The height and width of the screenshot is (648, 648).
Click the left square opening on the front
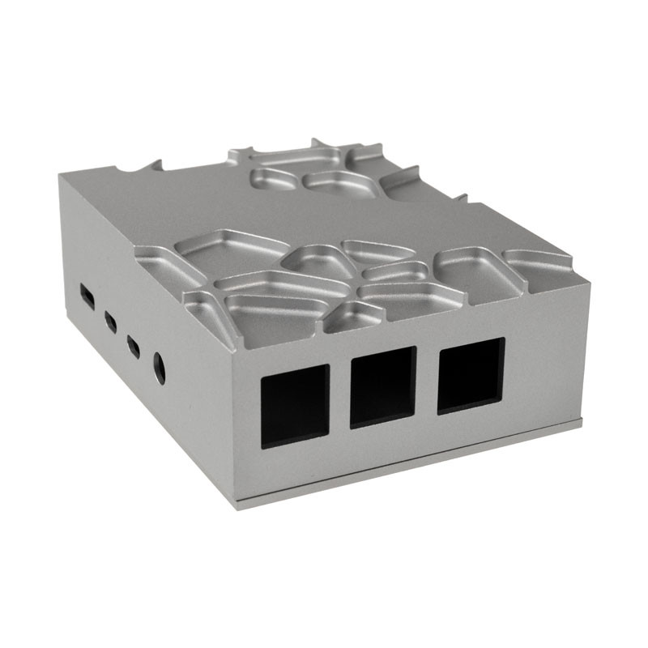[295, 406]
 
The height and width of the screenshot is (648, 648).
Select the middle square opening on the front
[383, 387]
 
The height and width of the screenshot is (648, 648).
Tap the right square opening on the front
[471, 375]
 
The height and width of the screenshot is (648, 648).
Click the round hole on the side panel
[160, 369]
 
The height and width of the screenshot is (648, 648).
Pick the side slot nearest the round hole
[133, 347]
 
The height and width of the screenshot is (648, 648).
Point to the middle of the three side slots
[110, 322]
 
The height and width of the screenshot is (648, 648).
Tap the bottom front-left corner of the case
[237, 506]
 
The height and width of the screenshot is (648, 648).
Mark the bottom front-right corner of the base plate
[582, 422]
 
